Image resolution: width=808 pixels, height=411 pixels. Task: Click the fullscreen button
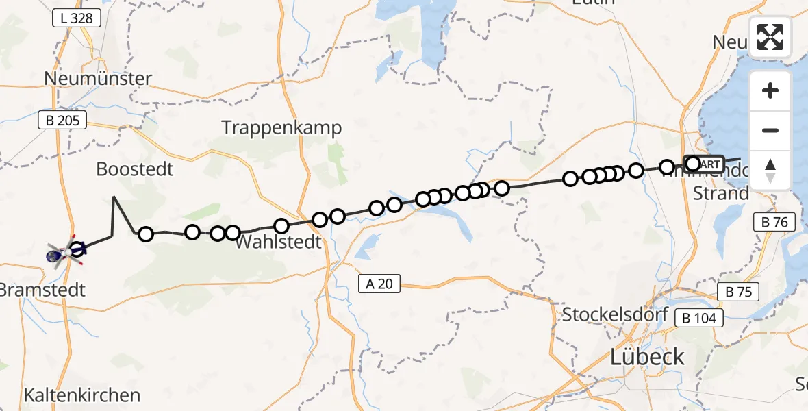pyautogui.click(x=770, y=37)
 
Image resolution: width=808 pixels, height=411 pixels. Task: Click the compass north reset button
pyautogui.click(x=770, y=171)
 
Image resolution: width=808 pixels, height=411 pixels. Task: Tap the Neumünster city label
pyautogui.click(x=97, y=79)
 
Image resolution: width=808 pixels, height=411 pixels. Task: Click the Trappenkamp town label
pyautogui.click(x=281, y=128)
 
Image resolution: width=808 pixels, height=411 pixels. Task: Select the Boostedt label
pyautogui.click(x=135, y=169)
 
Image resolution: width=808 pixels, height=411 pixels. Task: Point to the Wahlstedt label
pyautogui.click(x=278, y=242)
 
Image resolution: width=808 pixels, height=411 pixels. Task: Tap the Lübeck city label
pyautogui.click(x=647, y=357)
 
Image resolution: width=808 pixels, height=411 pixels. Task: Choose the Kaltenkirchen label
pyautogui.click(x=81, y=395)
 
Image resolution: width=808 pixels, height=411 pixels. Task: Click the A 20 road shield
pyautogui.click(x=379, y=284)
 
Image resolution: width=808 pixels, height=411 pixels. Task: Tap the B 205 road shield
pyautogui.click(x=62, y=121)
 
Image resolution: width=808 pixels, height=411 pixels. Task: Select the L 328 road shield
pyautogui.click(x=77, y=18)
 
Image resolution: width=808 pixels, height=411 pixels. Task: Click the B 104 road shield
pyautogui.click(x=698, y=318)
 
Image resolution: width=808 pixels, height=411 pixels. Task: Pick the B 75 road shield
pyautogui.click(x=738, y=292)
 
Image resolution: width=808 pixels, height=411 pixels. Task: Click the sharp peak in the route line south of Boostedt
pyautogui.click(x=114, y=197)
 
